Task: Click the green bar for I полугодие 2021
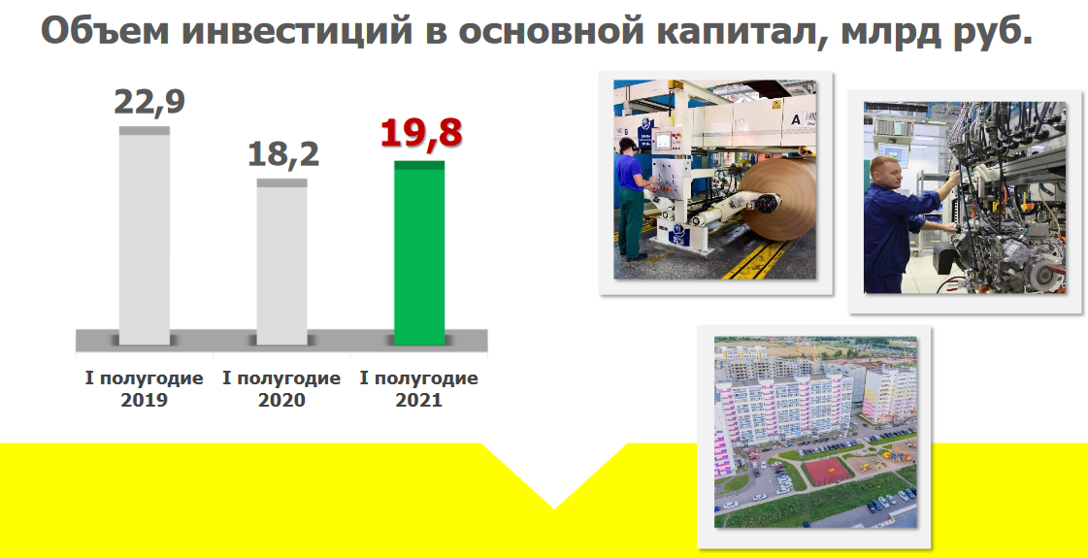click(x=419, y=252)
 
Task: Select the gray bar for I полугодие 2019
click(x=145, y=235)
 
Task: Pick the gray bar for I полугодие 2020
click(x=281, y=262)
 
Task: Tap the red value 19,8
click(x=420, y=133)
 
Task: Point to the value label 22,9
click(x=149, y=102)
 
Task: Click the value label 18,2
click(x=283, y=154)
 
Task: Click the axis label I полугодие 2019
click(x=145, y=389)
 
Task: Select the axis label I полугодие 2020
click(x=281, y=389)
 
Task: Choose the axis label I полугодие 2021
click(x=419, y=389)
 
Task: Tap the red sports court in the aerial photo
click(x=827, y=471)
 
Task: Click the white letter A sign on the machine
click(x=796, y=119)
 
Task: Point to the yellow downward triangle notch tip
click(x=554, y=509)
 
